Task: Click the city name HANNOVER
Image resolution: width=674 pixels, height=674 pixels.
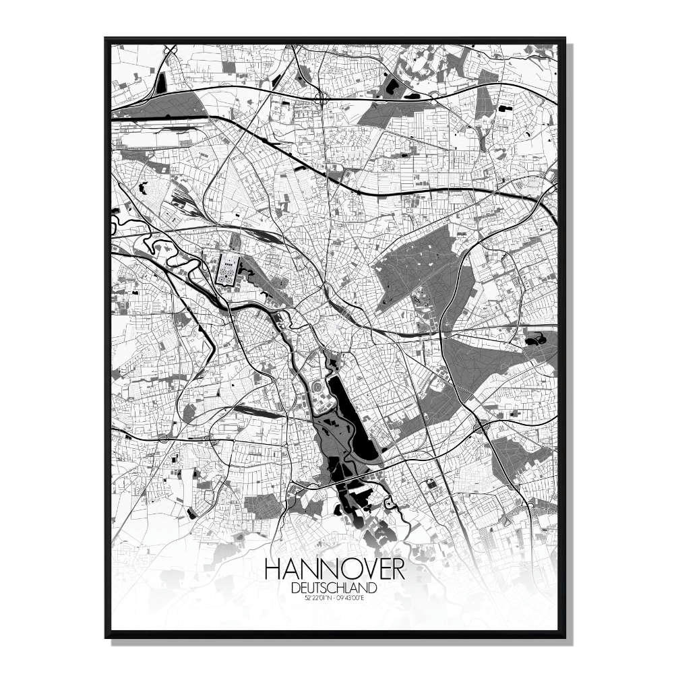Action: click(335, 569)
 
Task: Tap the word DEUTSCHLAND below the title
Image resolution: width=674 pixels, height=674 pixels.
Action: click(335, 588)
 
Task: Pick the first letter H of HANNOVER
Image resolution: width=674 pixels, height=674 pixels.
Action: click(274, 569)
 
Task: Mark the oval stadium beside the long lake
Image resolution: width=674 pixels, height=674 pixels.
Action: click(317, 389)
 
